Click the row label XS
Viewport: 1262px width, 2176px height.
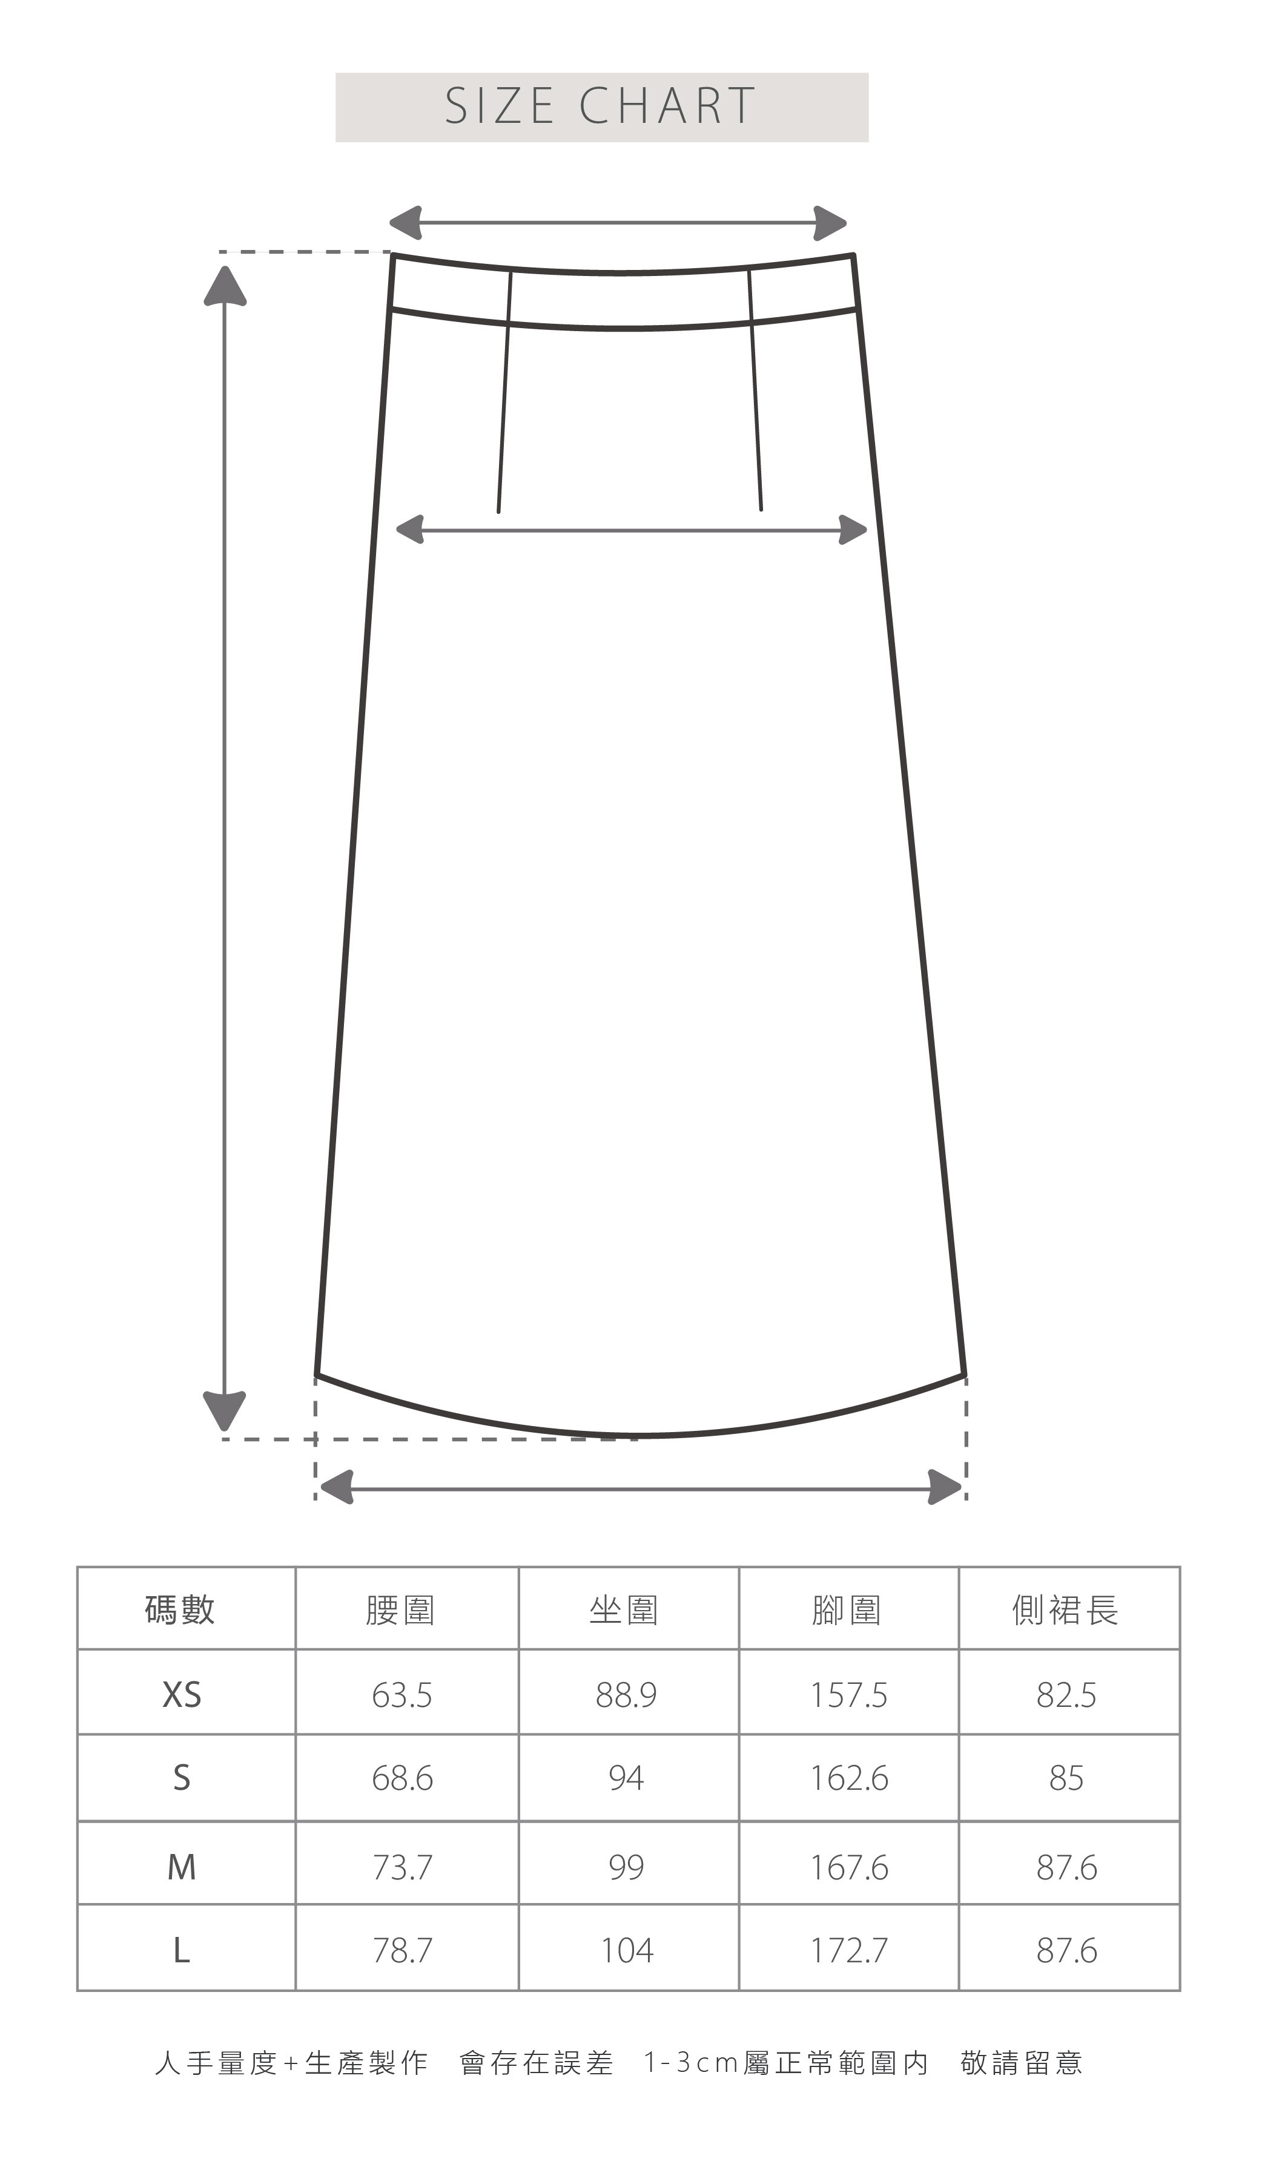[182, 1695]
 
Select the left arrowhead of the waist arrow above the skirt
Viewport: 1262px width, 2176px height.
[405, 223]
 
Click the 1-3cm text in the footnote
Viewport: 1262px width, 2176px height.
[691, 2063]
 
